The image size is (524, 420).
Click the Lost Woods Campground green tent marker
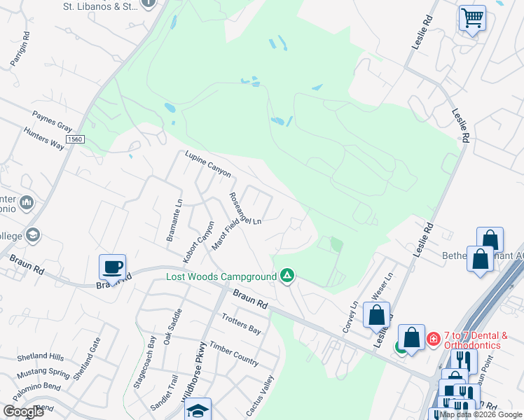pos(287,276)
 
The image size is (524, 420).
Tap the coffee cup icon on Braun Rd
pos(112,267)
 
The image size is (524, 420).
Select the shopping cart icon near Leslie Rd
pos(472,17)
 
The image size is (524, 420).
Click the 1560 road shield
pos(76,140)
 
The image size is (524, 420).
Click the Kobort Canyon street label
pos(198,242)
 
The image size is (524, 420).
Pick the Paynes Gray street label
pos(53,121)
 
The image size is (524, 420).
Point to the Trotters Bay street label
pos(241,325)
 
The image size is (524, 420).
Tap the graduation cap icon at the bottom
pos(198,411)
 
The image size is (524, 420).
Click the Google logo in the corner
pos(23,412)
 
